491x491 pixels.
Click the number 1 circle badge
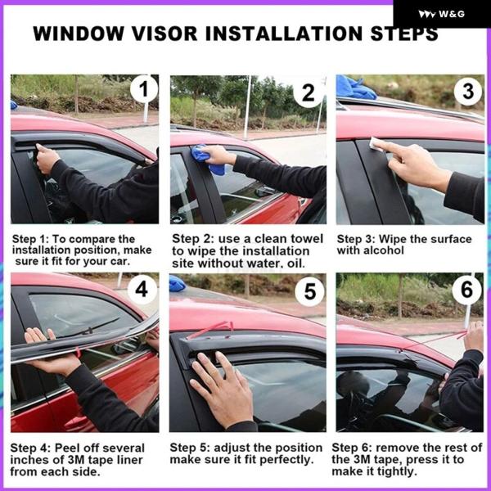pyautogui.click(x=144, y=88)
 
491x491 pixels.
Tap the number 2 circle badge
pyautogui.click(x=309, y=92)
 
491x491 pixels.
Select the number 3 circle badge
pyautogui.click(x=468, y=91)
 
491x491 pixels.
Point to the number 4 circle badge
pyautogui.click(x=142, y=290)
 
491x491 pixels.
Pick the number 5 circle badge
pyautogui.click(x=309, y=291)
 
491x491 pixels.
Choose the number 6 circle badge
pyautogui.click(x=466, y=290)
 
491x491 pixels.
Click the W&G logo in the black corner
pyautogui.click(x=441, y=14)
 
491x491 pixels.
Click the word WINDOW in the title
pyautogui.click(x=79, y=34)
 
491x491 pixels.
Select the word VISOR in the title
pyautogui.click(x=164, y=34)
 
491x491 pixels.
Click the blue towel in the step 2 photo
pyautogui.click(x=207, y=160)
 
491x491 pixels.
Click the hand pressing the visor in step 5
pyautogui.click(x=223, y=388)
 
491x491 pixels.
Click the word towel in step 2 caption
pyautogui.click(x=306, y=239)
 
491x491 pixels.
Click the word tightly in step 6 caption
pyautogui.click(x=398, y=471)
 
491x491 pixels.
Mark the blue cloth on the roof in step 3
pyautogui.click(x=355, y=88)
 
